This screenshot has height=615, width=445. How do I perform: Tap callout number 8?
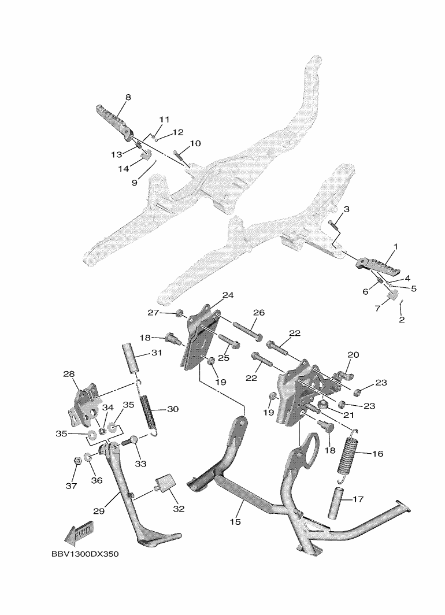(128, 97)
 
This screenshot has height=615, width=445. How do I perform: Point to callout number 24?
(228, 295)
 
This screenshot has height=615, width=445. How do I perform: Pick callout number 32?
(179, 509)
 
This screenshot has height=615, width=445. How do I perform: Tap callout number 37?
(71, 486)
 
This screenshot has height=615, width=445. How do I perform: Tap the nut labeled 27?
(180, 314)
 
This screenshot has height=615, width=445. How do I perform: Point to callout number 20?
(353, 354)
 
